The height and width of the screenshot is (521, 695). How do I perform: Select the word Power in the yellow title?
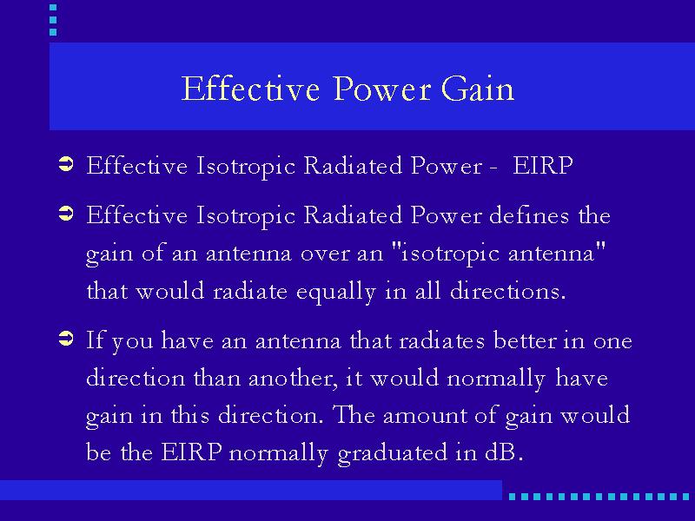pos(382,89)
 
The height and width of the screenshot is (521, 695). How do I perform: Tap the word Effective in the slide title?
pos(250,89)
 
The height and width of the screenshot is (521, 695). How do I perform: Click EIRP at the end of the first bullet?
pos(542,166)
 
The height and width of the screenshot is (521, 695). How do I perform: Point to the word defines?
pos(529,214)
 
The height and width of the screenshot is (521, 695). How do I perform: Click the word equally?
pos(336,293)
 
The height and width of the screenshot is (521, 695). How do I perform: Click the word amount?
pos(424,416)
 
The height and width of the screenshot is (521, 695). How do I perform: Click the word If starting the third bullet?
pos(95,340)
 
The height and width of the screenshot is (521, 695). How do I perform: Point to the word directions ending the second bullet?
pos(508,292)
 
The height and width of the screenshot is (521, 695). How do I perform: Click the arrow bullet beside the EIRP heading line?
pos(66,164)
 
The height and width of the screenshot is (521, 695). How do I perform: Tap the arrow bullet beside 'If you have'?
pos(66,339)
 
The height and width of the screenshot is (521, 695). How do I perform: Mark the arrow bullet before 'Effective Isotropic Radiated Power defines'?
pos(66,214)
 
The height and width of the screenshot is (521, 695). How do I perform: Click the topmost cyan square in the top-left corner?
pos(53,8)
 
